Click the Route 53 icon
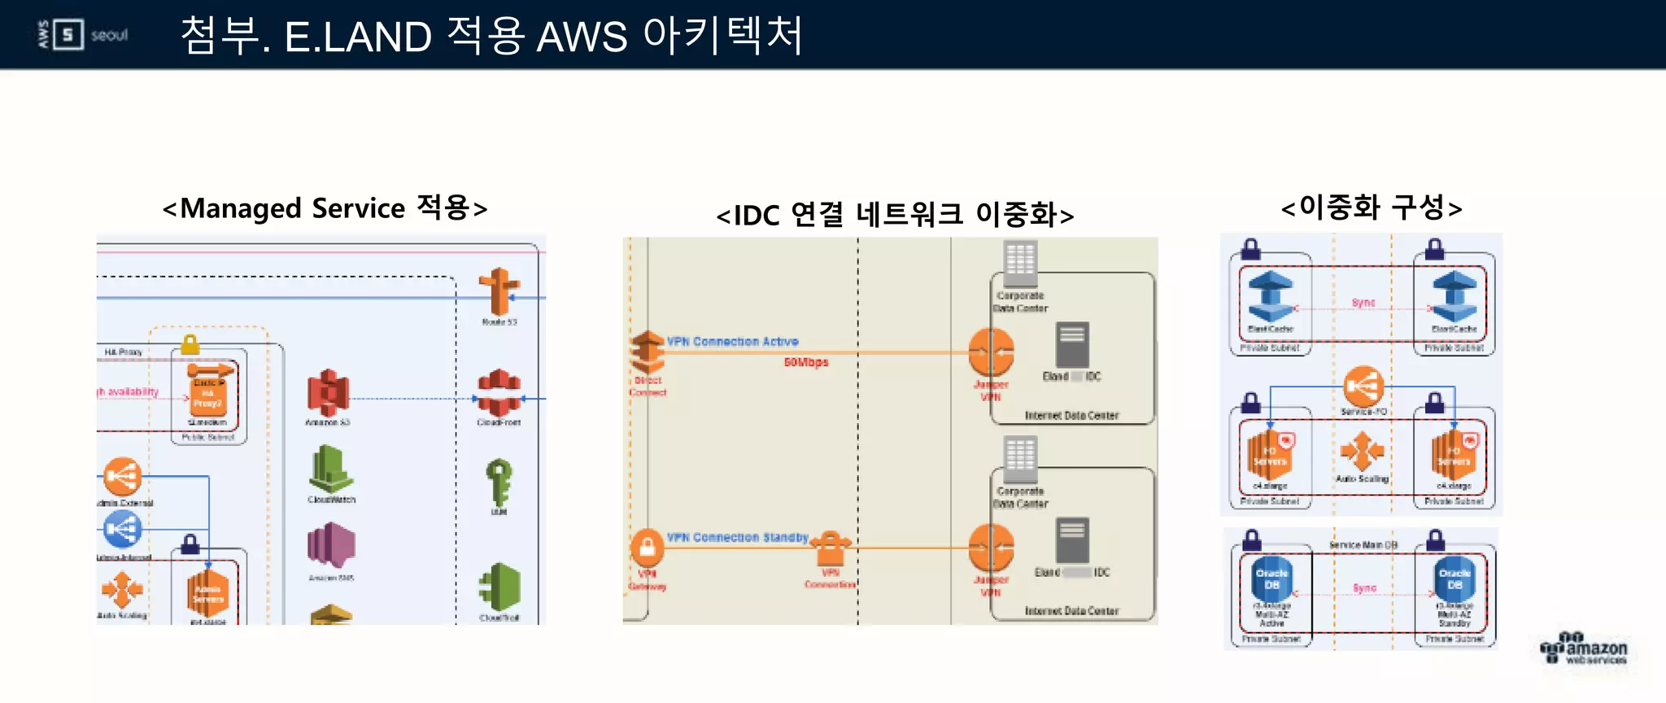pos(499,291)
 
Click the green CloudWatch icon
pos(330,469)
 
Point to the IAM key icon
pos(499,482)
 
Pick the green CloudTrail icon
pos(499,587)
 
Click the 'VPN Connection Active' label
pos(732,342)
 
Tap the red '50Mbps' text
pos(806,362)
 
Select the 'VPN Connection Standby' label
pos(737,538)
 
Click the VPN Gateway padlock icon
pos(648,548)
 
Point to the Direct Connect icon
pos(648,352)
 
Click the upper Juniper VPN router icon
pos(991,352)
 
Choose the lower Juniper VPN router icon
pos(991,548)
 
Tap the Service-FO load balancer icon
pos(1363,386)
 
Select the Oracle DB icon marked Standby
pos(1454,579)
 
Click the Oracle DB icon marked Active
pos(1272,579)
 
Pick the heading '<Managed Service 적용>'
pos(325,208)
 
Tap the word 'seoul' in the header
pos(109,36)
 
